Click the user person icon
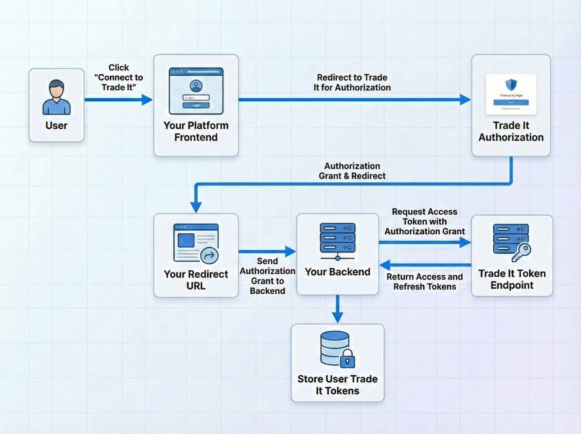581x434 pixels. pyautogui.click(x=56, y=97)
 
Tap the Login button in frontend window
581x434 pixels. pyautogui.click(x=196, y=105)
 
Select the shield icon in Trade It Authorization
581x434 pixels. pyautogui.click(x=511, y=85)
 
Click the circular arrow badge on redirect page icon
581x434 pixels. pyautogui.click(x=209, y=255)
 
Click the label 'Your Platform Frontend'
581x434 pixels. pyautogui.click(x=196, y=131)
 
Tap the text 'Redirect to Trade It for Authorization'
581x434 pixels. pyautogui.click(x=352, y=83)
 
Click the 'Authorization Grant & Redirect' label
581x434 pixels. pyautogui.click(x=352, y=171)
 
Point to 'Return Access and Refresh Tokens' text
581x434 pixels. pyautogui.click(x=425, y=282)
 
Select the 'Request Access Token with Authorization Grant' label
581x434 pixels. pyautogui.click(x=425, y=221)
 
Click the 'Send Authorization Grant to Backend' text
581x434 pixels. pyautogui.click(x=267, y=276)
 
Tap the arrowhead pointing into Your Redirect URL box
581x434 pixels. pyautogui.click(x=196, y=207)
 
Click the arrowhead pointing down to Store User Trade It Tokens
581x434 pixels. pyautogui.click(x=337, y=317)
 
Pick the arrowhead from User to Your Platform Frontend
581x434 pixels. pyautogui.click(x=146, y=100)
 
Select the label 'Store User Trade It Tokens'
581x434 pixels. pyautogui.click(x=337, y=385)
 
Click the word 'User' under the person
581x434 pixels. pyautogui.click(x=56, y=126)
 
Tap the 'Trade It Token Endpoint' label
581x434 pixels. pyautogui.click(x=512, y=279)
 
